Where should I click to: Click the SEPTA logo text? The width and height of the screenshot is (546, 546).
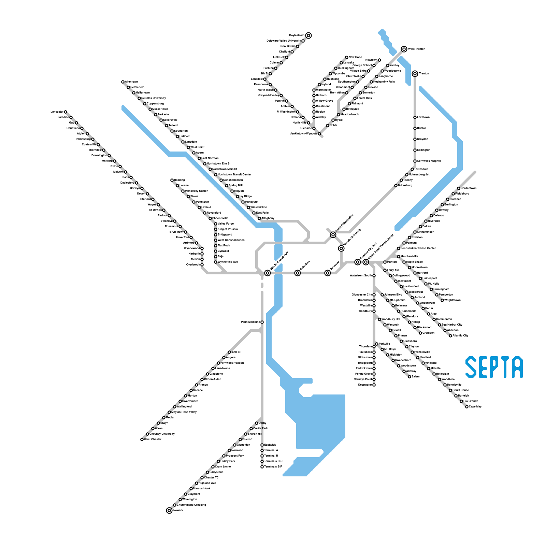[x=494, y=367]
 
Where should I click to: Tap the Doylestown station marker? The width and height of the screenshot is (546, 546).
[x=308, y=35]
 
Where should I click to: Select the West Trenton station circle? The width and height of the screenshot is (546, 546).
[x=404, y=49]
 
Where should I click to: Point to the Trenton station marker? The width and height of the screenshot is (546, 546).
[x=415, y=73]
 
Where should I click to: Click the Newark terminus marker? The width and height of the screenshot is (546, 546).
[x=169, y=511]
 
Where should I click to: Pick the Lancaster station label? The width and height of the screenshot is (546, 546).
[x=57, y=112]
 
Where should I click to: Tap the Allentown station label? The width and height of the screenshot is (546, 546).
[x=131, y=82]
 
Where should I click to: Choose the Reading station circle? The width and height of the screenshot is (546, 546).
[x=172, y=180]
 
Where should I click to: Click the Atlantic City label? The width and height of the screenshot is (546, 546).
[x=461, y=335]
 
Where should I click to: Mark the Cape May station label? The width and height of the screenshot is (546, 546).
[x=475, y=406]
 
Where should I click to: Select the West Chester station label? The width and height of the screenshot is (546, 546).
[x=153, y=439]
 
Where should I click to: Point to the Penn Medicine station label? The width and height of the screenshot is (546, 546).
[x=250, y=322]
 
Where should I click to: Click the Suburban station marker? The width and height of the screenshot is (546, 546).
[x=298, y=273]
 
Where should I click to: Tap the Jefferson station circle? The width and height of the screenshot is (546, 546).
[x=328, y=273]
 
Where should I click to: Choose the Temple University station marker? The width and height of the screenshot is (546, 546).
[x=341, y=248]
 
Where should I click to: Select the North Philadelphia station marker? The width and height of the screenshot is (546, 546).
[x=333, y=235]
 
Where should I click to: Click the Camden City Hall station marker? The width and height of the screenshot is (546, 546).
[x=358, y=262]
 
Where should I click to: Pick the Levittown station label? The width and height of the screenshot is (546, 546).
[x=423, y=117]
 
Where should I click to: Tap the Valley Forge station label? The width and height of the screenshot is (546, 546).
[x=226, y=224]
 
